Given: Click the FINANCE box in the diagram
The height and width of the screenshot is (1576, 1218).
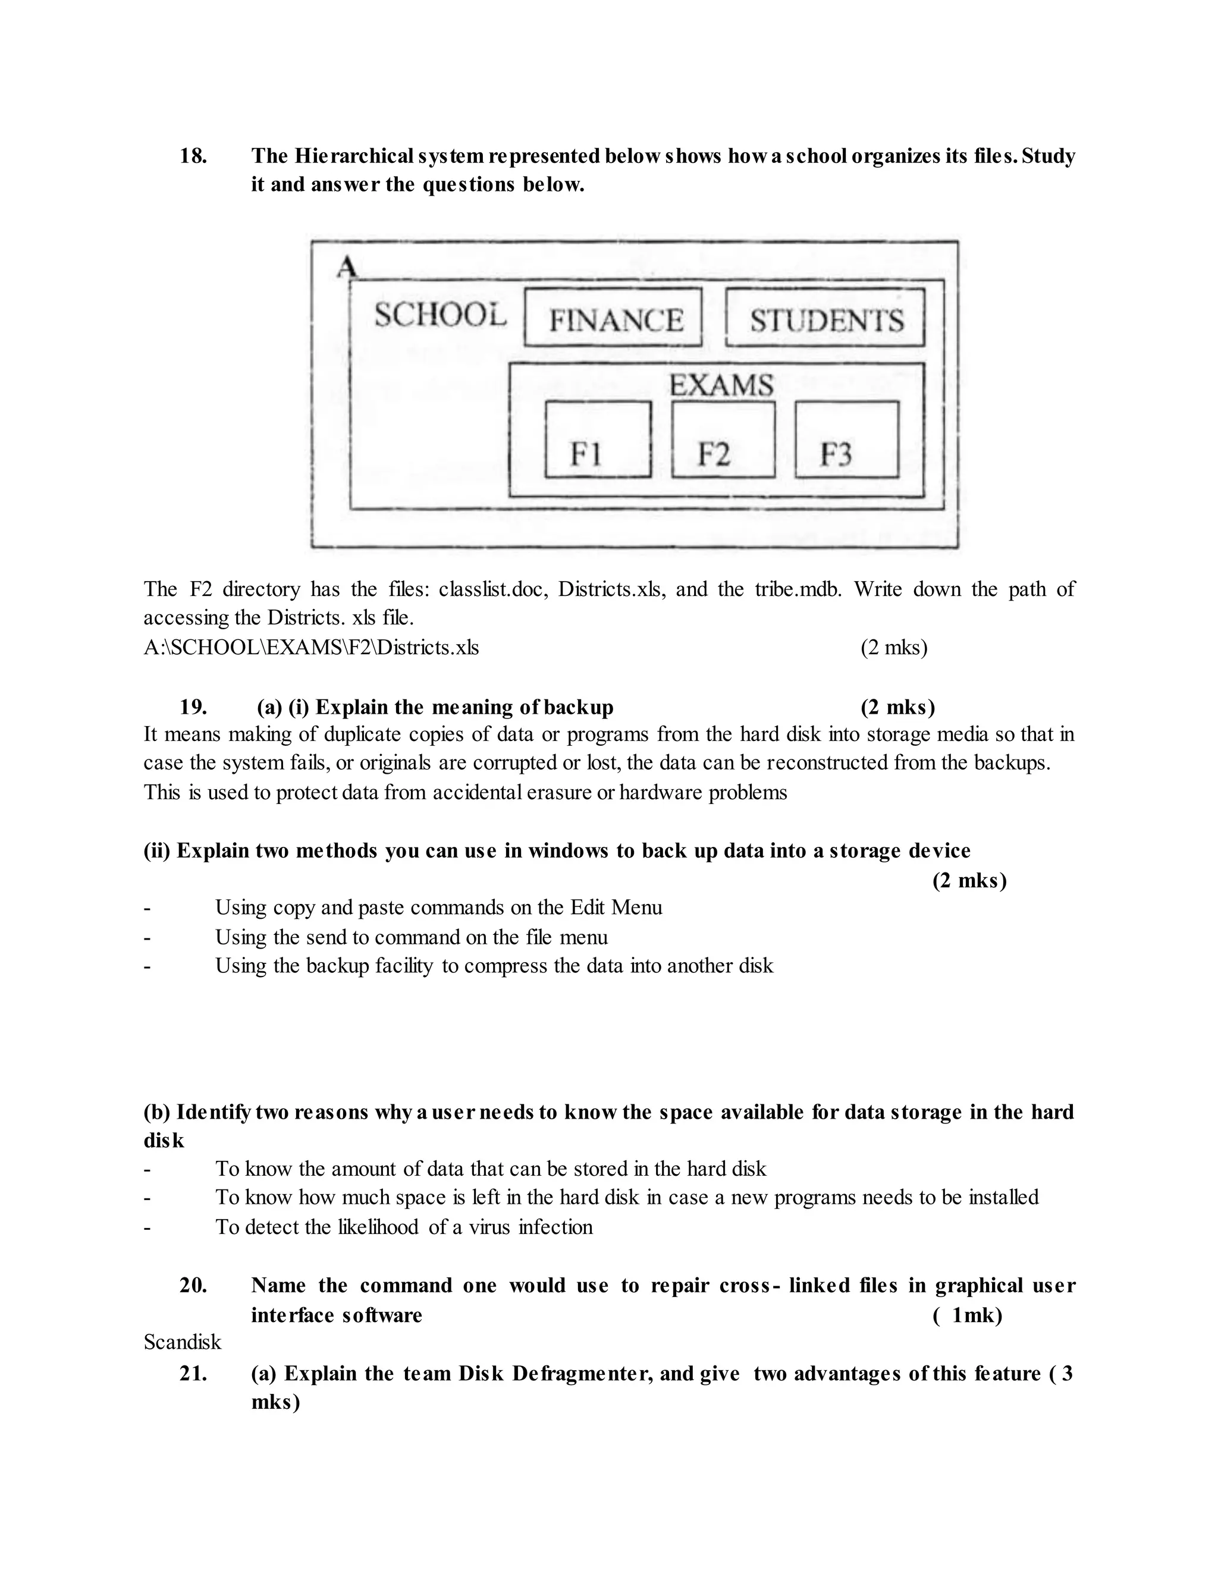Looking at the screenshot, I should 613,318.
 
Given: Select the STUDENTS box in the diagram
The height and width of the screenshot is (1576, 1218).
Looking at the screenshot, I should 825,318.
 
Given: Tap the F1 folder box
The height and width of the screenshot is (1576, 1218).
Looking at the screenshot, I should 598,439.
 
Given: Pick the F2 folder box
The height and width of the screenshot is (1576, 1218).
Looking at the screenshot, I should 723,439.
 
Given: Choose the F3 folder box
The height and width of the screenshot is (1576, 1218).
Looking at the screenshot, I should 846,439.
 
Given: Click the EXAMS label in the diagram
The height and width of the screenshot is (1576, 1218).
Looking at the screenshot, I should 721,385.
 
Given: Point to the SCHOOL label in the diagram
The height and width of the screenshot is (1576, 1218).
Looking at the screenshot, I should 440,315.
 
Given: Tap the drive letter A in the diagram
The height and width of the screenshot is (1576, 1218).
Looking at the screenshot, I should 346,267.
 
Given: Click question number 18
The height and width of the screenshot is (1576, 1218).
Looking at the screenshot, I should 193,156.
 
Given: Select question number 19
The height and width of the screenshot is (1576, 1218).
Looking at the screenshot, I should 193,707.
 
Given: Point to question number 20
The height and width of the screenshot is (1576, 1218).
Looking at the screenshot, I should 193,1285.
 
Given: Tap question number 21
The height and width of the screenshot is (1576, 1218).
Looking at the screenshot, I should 193,1373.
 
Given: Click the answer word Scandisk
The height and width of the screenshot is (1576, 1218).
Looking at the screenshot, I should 182,1342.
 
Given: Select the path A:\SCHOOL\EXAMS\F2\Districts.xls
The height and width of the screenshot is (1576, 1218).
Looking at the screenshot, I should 311,647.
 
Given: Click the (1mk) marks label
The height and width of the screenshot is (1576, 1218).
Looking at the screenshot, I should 968,1315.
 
